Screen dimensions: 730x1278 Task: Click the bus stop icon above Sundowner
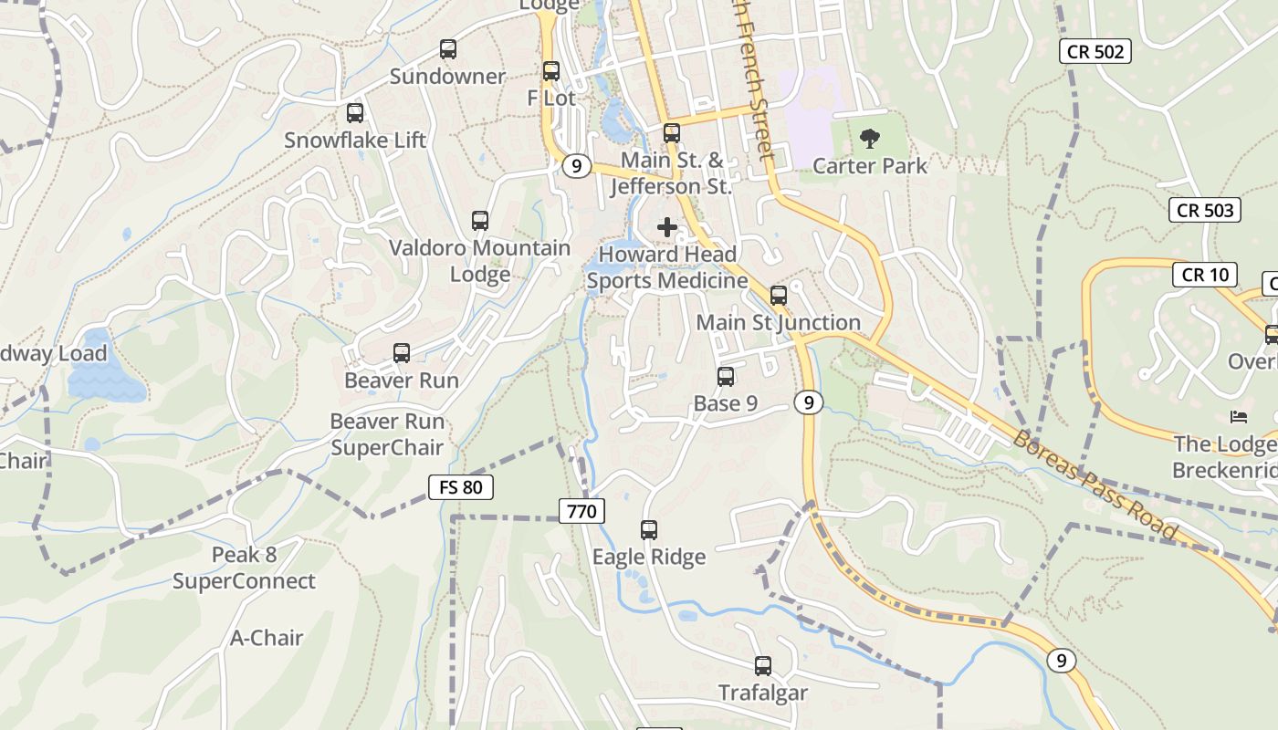point(447,49)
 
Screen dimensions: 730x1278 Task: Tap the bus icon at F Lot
point(551,71)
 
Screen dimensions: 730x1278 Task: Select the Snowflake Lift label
point(355,141)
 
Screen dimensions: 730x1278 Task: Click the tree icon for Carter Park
point(870,139)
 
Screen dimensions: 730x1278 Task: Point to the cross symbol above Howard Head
point(667,227)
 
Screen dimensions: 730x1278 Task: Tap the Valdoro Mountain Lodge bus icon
point(480,221)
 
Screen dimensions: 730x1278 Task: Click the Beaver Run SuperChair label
point(387,434)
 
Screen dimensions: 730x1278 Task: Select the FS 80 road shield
point(461,487)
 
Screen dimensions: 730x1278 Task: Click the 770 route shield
point(581,511)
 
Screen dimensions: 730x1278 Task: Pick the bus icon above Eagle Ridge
point(649,530)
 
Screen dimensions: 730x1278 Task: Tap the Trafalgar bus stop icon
point(763,666)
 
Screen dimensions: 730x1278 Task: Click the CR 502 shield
point(1095,51)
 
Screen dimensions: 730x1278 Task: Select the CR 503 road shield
point(1205,210)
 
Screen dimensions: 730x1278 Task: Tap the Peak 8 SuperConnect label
point(244,568)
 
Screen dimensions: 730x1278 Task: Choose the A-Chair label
point(267,638)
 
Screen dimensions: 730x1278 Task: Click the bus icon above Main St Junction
point(779,296)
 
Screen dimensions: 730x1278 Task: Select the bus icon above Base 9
point(726,376)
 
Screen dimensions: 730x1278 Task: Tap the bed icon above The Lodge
point(1239,417)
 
